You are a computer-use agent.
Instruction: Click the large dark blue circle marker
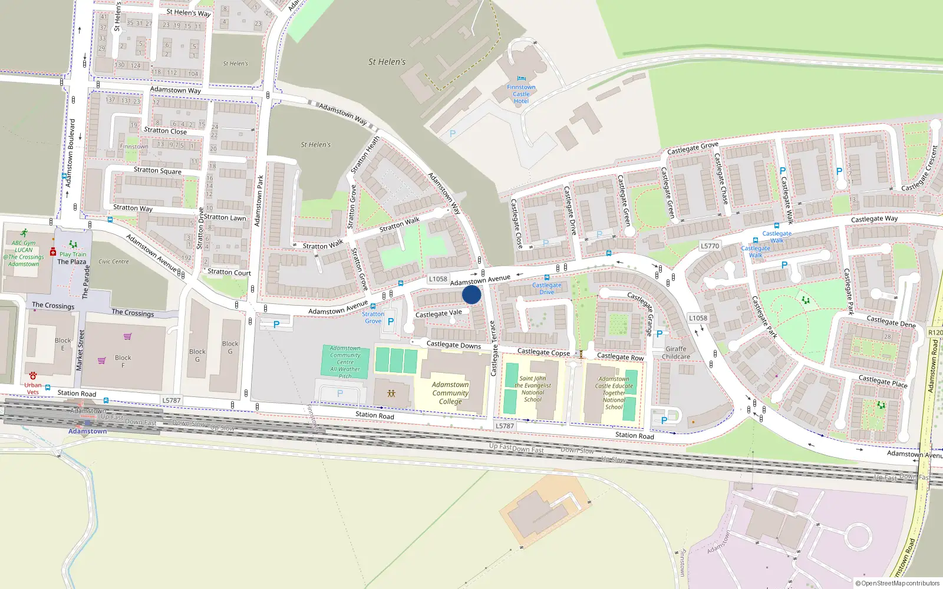click(471, 294)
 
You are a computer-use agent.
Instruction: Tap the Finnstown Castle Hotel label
click(521, 94)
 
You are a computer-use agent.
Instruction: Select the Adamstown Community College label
click(450, 393)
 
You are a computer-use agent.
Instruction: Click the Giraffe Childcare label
click(675, 352)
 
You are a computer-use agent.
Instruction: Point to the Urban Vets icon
click(33, 375)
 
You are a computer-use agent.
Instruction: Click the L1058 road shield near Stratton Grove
click(438, 279)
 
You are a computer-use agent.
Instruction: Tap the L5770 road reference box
click(710, 246)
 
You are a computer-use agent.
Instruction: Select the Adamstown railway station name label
click(87, 431)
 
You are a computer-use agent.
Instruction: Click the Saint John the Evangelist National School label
click(533, 389)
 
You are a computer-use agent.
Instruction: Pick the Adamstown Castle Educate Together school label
click(614, 393)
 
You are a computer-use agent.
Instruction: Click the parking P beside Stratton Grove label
click(390, 322)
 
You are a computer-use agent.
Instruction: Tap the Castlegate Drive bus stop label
click(547, 289)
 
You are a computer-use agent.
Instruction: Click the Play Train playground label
click(72, 254)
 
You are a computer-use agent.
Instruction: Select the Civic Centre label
click(113, 262)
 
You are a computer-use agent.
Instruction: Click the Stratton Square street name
click(157, 171)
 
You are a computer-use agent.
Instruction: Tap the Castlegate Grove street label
click(693, 148)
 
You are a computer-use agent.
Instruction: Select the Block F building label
click(123, 361)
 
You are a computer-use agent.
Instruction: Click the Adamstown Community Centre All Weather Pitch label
click(345, 362)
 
